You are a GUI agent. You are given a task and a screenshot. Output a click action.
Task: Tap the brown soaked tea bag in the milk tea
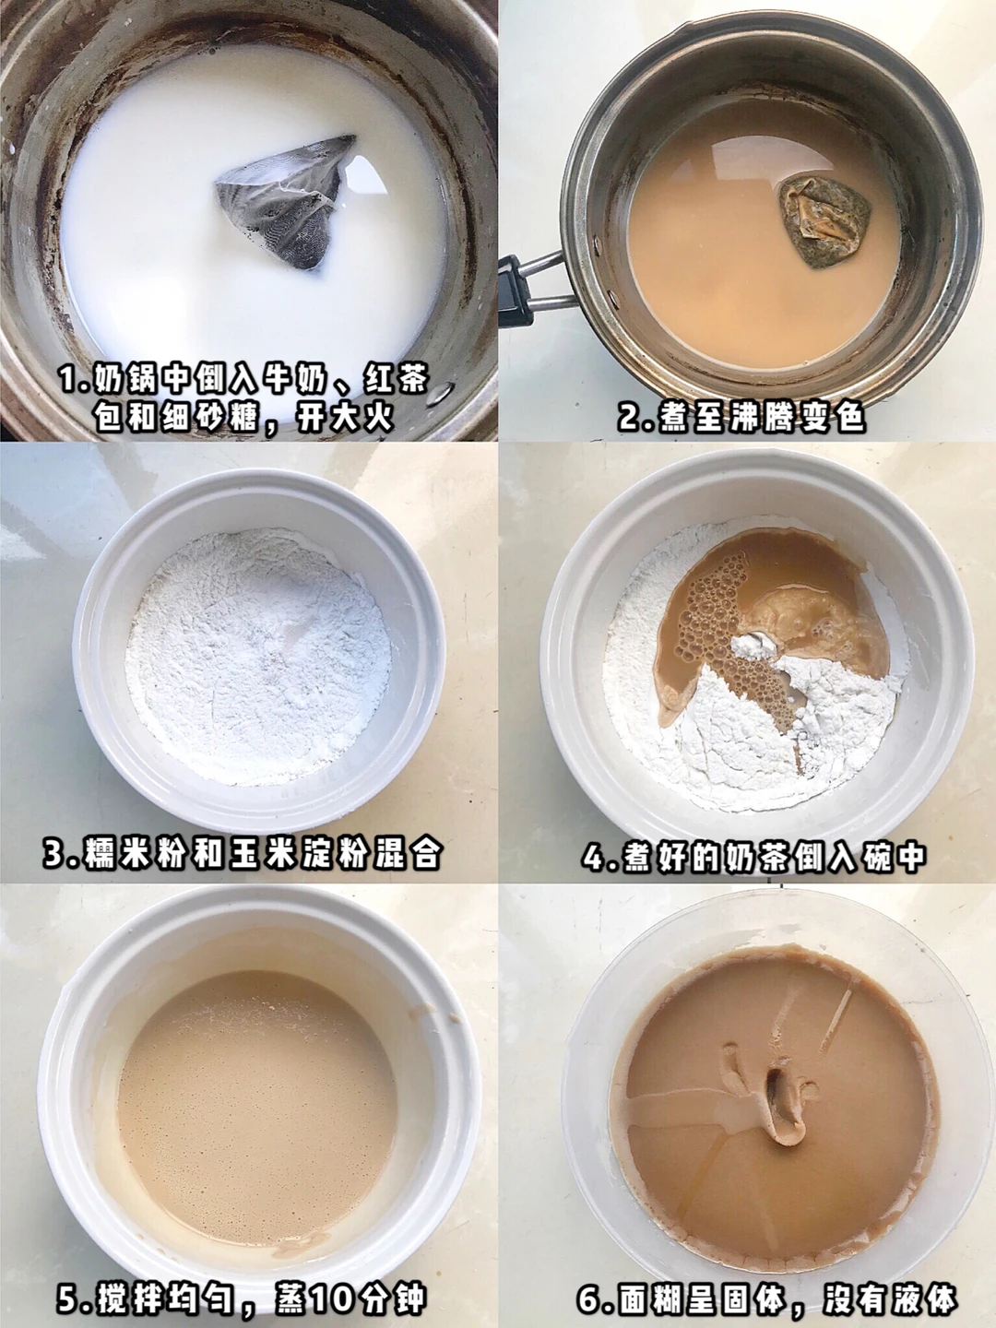[824, 220]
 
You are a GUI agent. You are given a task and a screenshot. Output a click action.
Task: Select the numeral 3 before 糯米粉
[55, 852]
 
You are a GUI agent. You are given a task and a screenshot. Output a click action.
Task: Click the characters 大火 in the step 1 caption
[361, 418]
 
